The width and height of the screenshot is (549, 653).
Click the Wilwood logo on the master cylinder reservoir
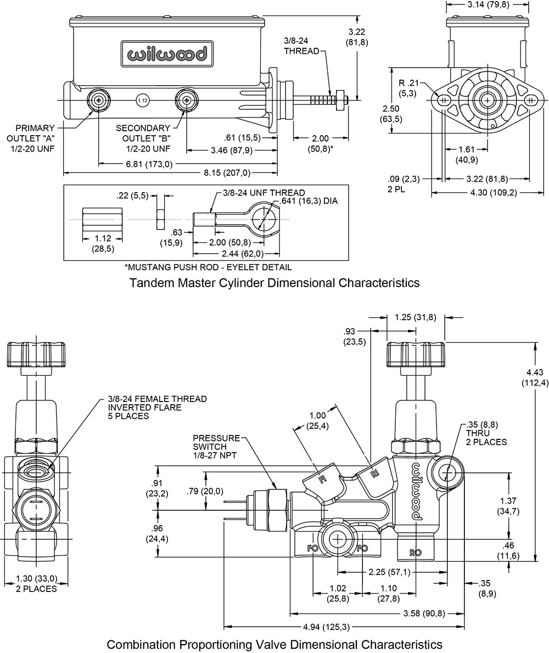click(x=167, y=54)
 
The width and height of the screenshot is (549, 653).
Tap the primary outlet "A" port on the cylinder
click(x=99, y=100)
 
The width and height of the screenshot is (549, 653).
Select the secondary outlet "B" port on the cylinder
click(x=187, y=100)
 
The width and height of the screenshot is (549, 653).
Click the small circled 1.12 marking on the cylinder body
click(x=142, y=101)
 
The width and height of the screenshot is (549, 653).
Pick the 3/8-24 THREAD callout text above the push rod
click(x=302, y=46)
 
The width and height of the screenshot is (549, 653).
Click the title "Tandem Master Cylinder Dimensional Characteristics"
click(x=274, y=283)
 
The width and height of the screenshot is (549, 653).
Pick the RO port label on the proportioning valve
click(x=416, y=551)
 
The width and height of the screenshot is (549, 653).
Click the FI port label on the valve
click(x=323, y=480)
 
